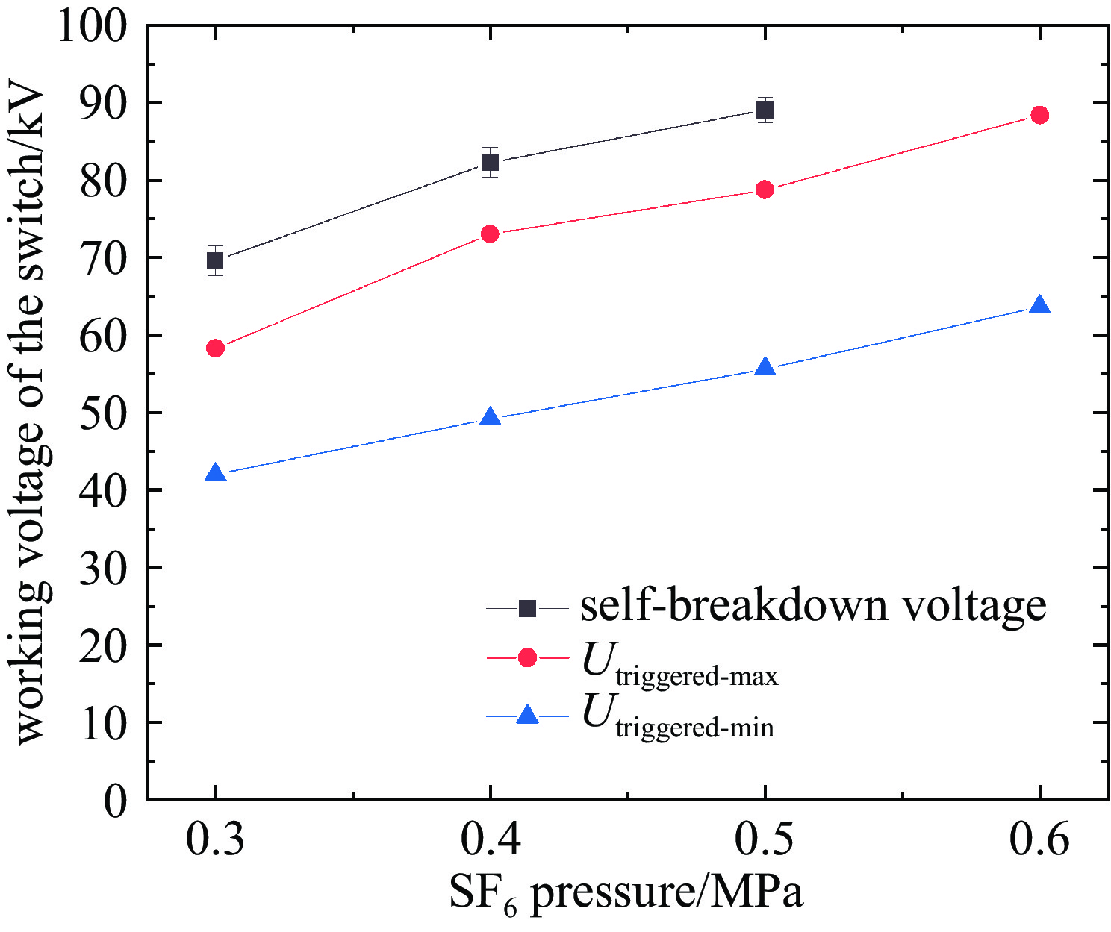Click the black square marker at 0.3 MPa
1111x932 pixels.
pyautogui.click(x=215, y=260)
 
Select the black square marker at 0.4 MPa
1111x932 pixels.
pyautogui.click(x=490, y=163)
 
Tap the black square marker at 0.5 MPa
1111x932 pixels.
pyautogui.click(x=765, y=110)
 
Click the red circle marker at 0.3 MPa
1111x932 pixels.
pyautogui.click(x=215, y=348)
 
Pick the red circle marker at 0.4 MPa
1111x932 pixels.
pyautogui.click(x=490, y=234)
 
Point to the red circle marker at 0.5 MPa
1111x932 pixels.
pyautogui.click(x=765, y=190)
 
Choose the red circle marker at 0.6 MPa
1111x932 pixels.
pyautogui.click(x=1039, y=115)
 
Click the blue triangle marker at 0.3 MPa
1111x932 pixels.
pyautogui.click(x=215, y=473)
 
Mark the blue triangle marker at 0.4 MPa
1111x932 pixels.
pyautogui.click(x=490, y=418)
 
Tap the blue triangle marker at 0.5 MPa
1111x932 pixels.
pyautogui.click(x=765, y=368)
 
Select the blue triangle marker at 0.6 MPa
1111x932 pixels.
pyautogui.click(x=1039, y=306)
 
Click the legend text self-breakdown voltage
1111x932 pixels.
pyautogui.click(x=813, y=605)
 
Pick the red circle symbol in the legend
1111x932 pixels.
pyautogui.click(x=527, y=657)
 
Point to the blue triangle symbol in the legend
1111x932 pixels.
pyautogui.click(x=527, y=716)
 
